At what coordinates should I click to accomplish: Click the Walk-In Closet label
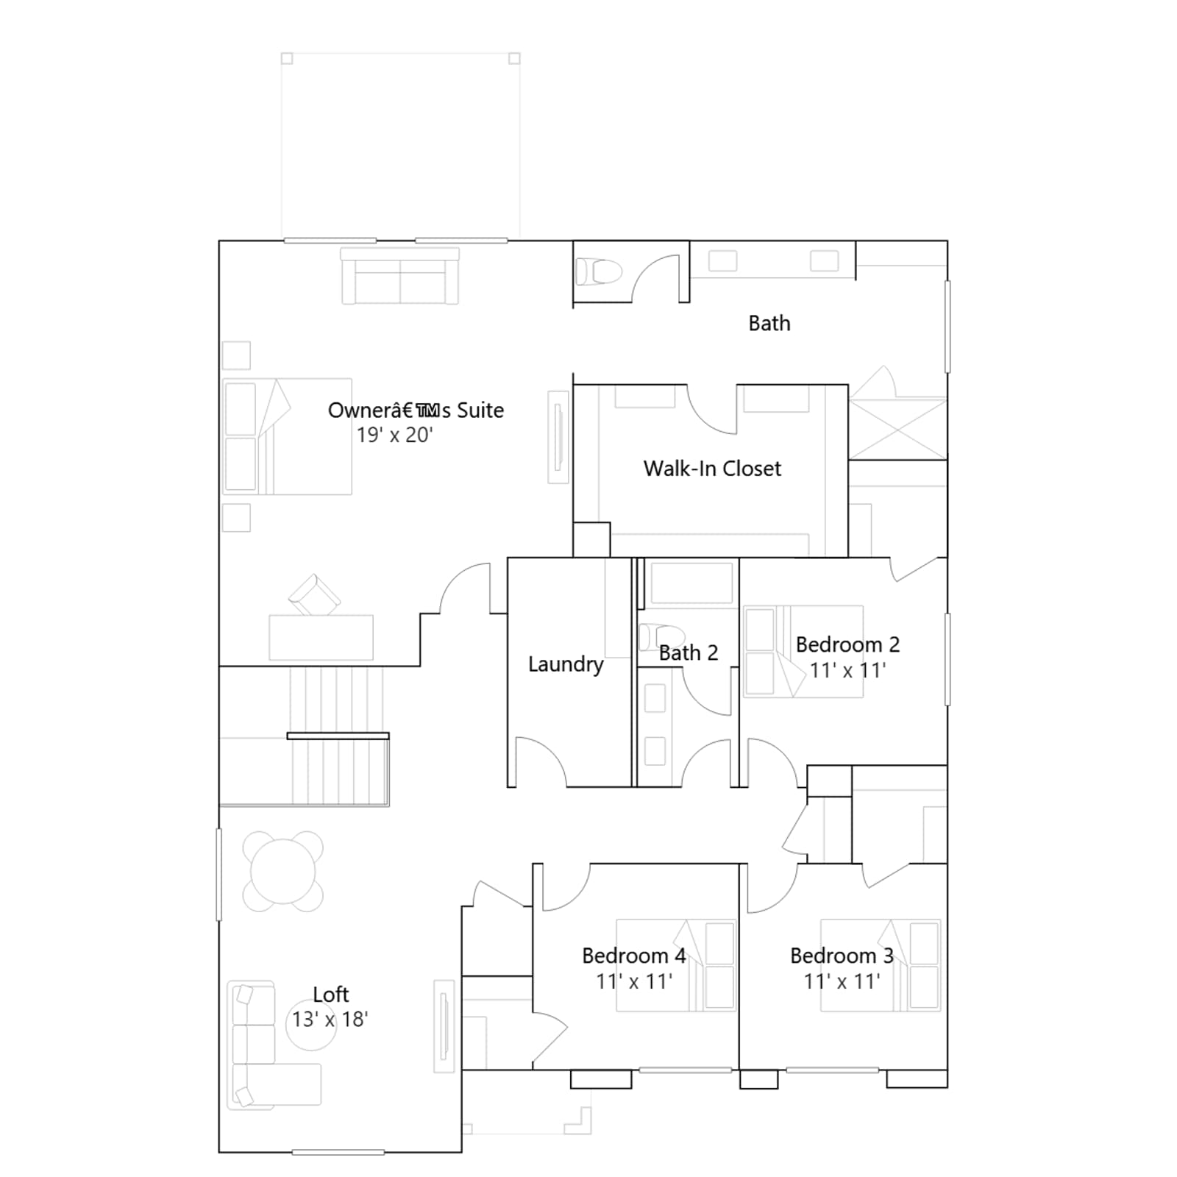click(712, 469)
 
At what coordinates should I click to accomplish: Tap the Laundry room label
click(566, 664)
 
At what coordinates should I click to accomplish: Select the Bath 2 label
click(688, 652)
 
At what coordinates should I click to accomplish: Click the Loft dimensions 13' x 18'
click(330, 1020)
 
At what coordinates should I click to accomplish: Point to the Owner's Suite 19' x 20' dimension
click(394, 435)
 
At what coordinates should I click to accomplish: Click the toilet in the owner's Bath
click(599, 271)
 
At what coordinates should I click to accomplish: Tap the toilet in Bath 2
click(661, 636)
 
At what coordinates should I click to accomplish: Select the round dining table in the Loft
click(283, 872)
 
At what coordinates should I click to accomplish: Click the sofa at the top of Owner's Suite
click(399, 276)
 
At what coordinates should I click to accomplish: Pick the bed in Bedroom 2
click(803, 651)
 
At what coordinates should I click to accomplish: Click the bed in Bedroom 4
click(675, 965)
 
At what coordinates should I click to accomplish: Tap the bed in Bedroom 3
click(881, 965)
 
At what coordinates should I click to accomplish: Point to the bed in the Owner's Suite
click(287, 436)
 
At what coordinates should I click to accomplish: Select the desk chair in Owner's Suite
click(315, 594)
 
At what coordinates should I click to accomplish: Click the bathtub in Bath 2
click(691, 583)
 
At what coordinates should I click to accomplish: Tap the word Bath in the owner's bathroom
click(769, 323)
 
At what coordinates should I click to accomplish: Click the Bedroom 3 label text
click(842, 956)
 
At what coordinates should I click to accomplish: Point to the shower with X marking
click(897, 429)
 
